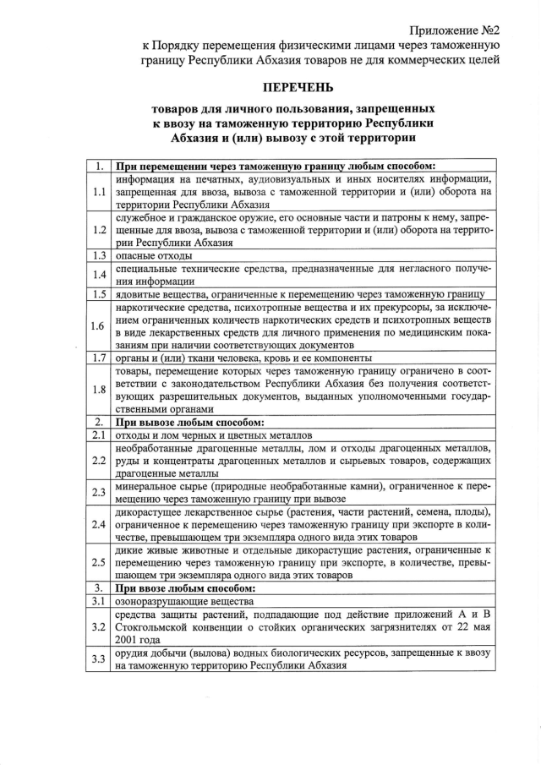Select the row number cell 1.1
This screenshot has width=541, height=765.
click(98, 192)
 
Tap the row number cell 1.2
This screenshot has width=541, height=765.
click(98, 229)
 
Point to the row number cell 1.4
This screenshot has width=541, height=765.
click(98, 274)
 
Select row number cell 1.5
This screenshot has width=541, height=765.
click(98, 293)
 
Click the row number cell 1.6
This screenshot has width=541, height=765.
click(98, 325)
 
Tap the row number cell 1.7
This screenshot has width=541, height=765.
click(98, 358)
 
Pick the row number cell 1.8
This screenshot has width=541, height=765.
click(98, 390)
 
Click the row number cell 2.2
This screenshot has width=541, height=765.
click(98, 460)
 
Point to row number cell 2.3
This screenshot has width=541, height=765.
click(98, 492)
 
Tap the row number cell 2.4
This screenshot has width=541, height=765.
click(98, 524)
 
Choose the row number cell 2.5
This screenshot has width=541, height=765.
click(98, 562)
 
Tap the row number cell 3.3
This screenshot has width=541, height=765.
click(98, 659)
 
